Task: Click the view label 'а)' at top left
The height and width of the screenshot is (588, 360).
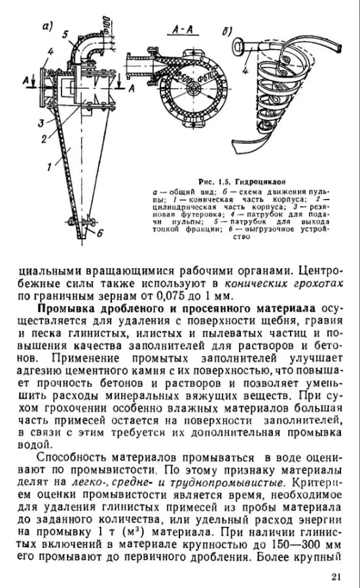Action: (46, 26)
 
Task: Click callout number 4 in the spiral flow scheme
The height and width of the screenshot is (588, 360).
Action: (245, 66)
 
